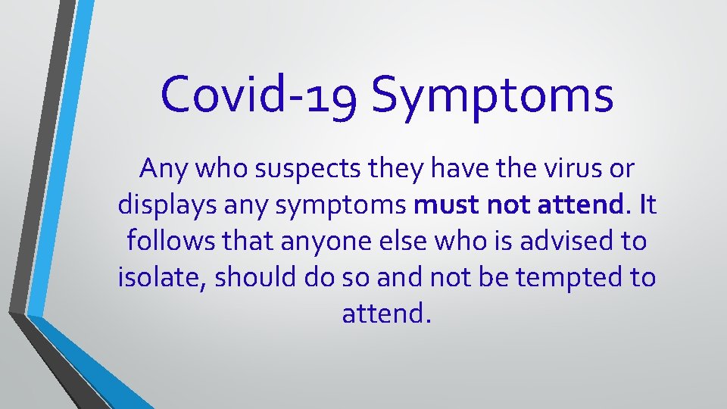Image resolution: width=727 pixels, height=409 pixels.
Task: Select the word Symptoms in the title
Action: pos(492,97)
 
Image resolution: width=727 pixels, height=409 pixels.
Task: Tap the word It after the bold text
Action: pos(648,205)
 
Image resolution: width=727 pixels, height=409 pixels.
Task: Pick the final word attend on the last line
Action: pos(385,312)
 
